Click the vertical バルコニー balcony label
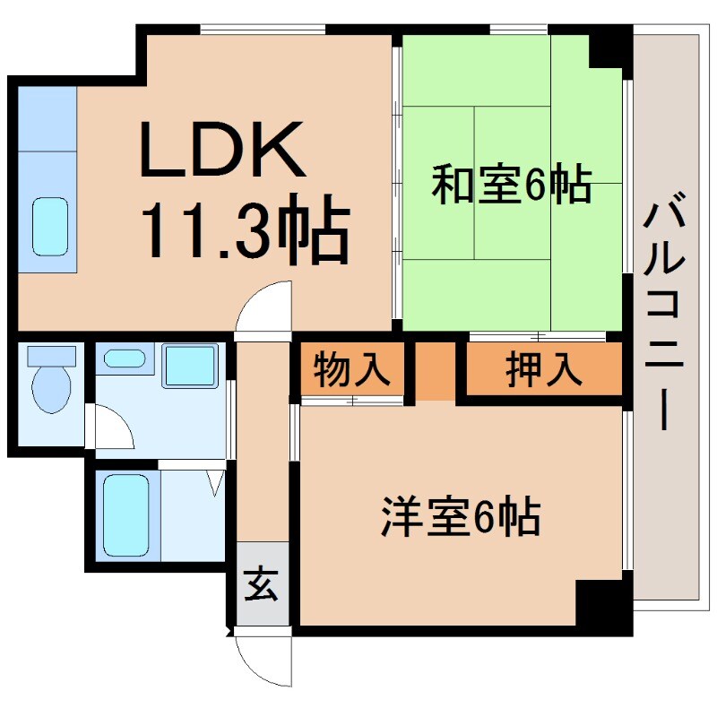click(x=663, y=314)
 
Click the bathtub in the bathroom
click(x=125, y=516)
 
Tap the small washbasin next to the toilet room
click(x=125, y=359)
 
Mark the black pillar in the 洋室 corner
click(x=603, y=606)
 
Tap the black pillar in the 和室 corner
click(x=608, y=49)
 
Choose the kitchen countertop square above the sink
click(x=47, y=117)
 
